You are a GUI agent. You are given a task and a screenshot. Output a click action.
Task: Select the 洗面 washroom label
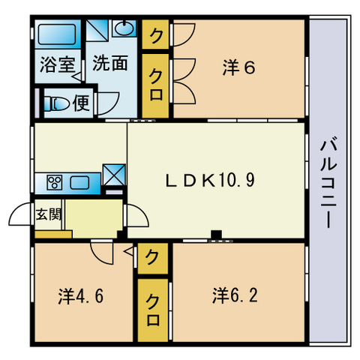click(x=109, y=63)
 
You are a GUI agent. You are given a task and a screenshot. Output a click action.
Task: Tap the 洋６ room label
click(x=239, y=67)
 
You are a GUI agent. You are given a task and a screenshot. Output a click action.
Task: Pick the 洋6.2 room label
click(x=235, y=293)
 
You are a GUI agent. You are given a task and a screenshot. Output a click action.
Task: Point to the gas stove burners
click(x=55, y=182)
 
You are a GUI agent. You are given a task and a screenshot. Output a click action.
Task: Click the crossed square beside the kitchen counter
click(x=115, y=174)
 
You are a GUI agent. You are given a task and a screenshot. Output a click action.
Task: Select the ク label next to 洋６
click(x=156, y=34)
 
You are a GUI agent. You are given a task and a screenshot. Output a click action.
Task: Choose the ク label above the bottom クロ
click(x=153, y=259)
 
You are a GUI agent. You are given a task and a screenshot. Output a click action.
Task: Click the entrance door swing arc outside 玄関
click(x=20, y=217)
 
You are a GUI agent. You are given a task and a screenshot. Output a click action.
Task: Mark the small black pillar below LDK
click(x=216, y=235)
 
